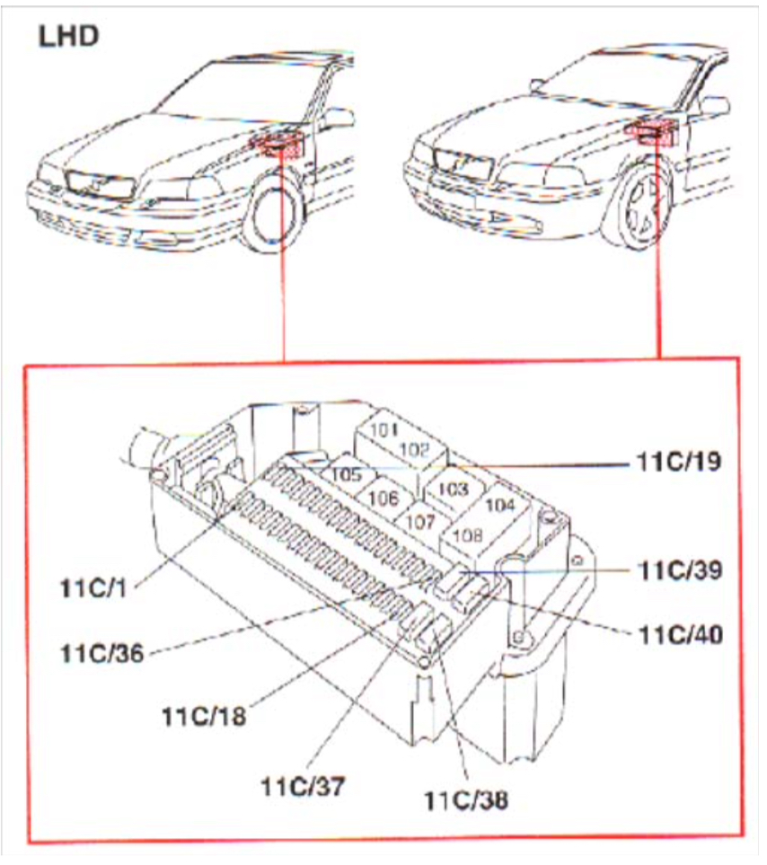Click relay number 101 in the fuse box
click(383, 429)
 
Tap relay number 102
click(414, 448)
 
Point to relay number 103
click(454, 490)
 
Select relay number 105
click(347, 472)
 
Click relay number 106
click(383, 497)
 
